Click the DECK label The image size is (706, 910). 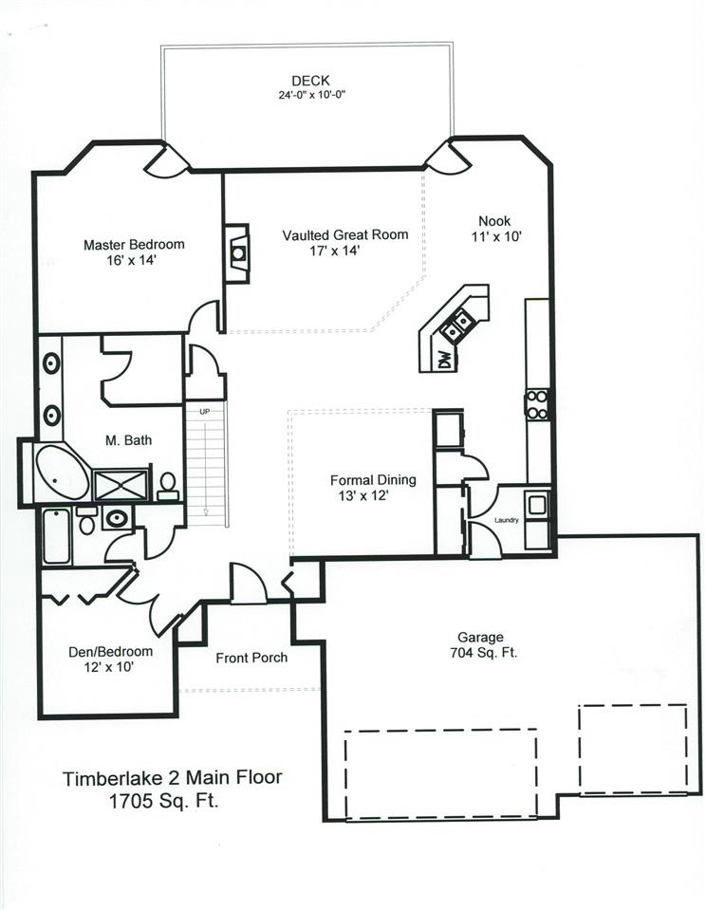tap(310, 81)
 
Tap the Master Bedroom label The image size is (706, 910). tap(134, 245)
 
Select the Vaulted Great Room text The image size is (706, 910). tap(345, 235)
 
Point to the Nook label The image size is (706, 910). tap(494, 220)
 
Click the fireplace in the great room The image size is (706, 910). tap(237, 253)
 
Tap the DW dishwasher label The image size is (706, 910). tap(444, 361)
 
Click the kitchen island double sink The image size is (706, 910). tap(456, 325)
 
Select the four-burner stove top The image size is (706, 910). tap(537, 404)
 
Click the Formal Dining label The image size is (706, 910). tap(373, 480)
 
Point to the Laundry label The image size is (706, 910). tap(507, 520)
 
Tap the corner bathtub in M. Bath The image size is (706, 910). tap(62, 473)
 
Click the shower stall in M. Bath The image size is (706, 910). tap(121, 485)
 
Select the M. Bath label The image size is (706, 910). tap(128, 440)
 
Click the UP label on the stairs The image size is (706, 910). tap(204, 412)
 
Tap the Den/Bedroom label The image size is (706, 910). tap(110, 652)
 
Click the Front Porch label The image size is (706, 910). tap(251, 658)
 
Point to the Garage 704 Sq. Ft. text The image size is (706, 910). tap(483, 644)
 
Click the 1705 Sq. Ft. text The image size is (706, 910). tap(164, 802)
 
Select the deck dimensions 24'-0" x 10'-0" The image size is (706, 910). tap(312, 95)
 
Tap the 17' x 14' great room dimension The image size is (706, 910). tap(335, 251)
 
